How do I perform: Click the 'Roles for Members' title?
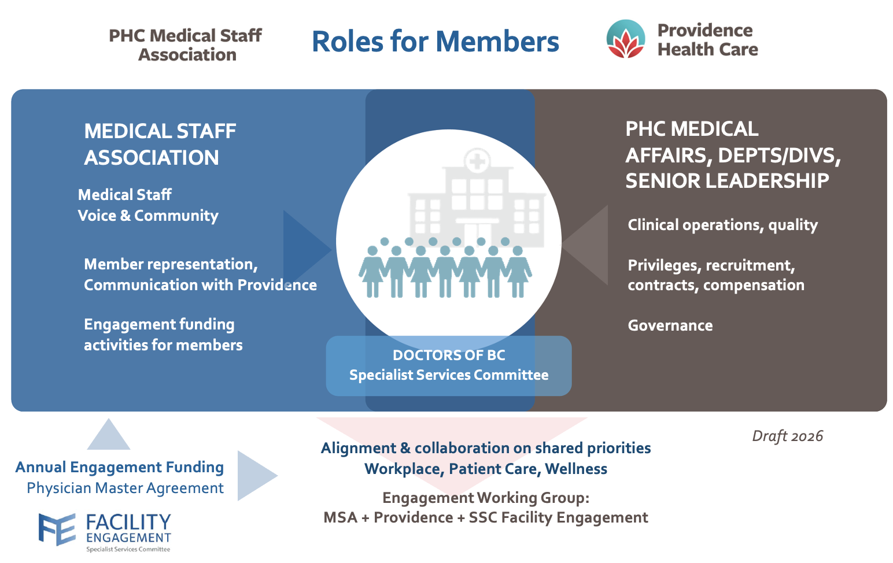click(x=436, y=42)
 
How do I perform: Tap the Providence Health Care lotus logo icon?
click(x=625, y=39)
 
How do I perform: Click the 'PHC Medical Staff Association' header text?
click(x=186, y=45)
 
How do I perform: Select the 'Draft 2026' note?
click(x=787, y=436)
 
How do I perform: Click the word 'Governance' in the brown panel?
click(x=670, y=325)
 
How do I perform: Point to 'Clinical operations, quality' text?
click(x=723, y=225)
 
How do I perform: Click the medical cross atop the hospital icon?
click(x=477, y=161)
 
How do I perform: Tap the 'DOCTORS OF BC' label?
click(x=449, y=355)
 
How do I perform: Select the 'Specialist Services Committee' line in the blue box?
click(x=449, y=375)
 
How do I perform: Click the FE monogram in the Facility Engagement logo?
click(x=57, y=529)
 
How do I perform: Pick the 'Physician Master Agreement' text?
click(x=125, y=488)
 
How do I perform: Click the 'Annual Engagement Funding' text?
click(x=120, y=468)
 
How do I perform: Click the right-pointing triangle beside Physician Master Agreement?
click(x=254, y=476)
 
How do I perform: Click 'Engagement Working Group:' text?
click(x=486, y=498)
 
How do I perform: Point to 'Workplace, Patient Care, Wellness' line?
click(x=486, y=469)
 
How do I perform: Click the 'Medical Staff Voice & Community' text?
click(x=148, y=205)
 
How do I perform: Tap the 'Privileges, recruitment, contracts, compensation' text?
click(x=716, y=275)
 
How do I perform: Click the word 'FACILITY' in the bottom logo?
click(x=129, y=523)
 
